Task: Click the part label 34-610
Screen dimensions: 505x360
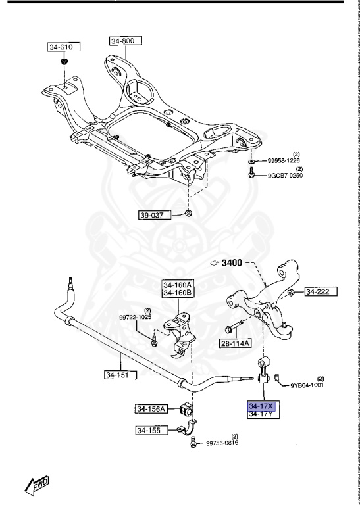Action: pyautogui.click(x=63, y=47)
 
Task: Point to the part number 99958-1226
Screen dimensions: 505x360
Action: pyautogui.click(x=282, y=160)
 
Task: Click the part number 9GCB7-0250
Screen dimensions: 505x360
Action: pyautogui.click(x=284, y=175)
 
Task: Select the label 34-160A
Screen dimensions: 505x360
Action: pyautogui.click(x=178, y=285)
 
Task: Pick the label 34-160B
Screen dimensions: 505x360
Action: pyautogui.click(x=178, y=293)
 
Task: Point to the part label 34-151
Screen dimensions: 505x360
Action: pyautogui.click(x=120, y=375)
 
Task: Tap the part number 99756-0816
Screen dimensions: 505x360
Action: pyautogui.click(x=222, y=443)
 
